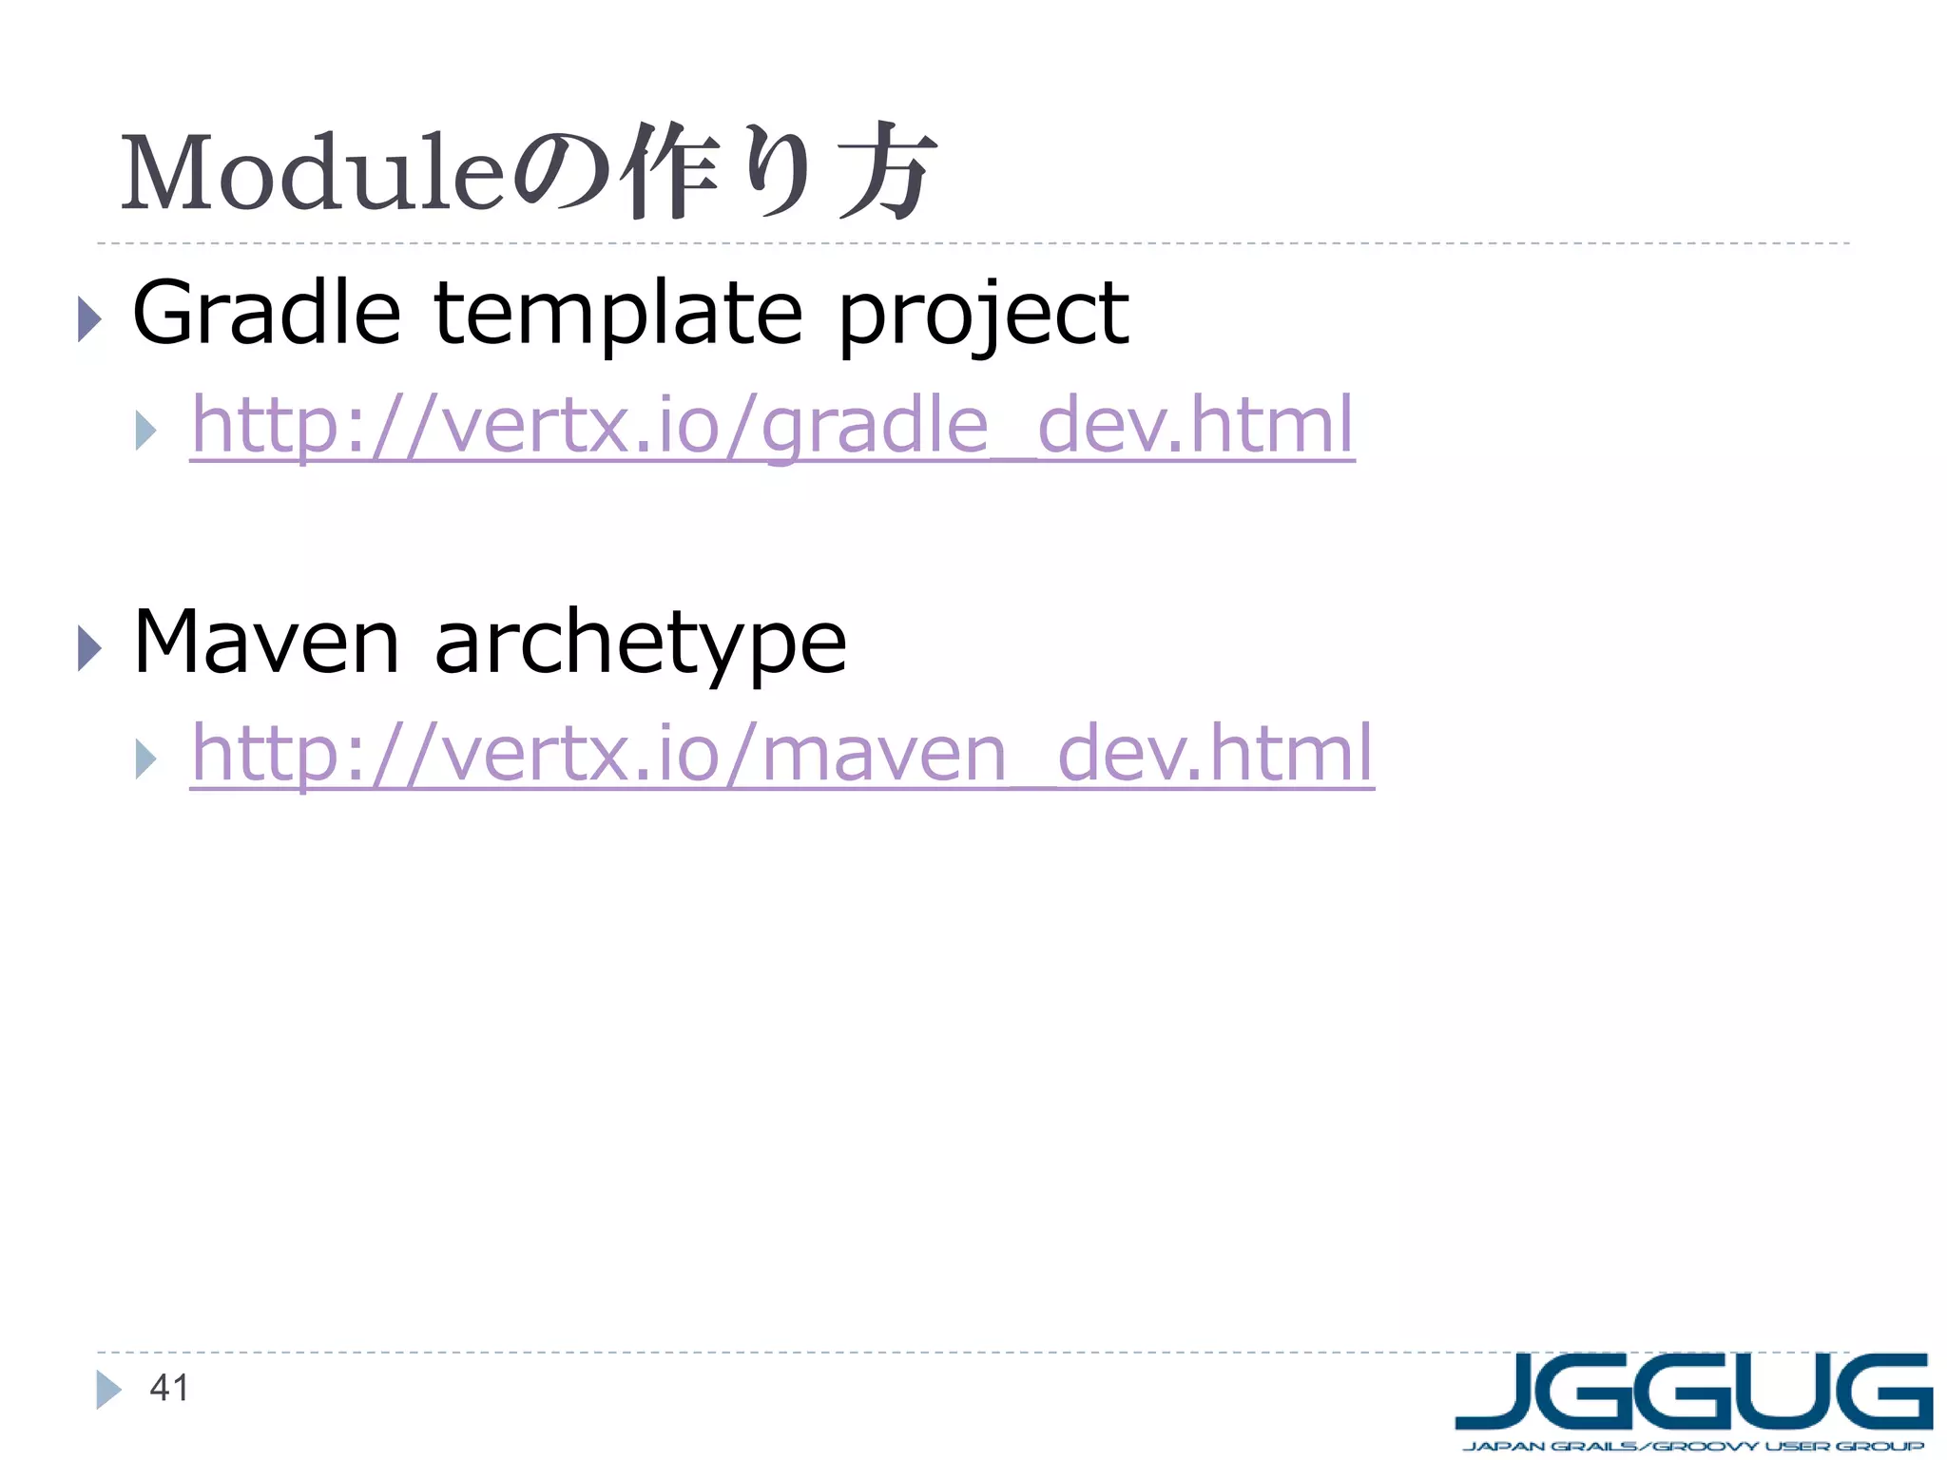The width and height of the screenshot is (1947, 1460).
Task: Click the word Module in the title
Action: (x=312, y=173)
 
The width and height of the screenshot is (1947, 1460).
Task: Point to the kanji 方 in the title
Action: (x=888, y=171)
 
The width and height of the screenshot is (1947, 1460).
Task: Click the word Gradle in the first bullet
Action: (x=266, y=313)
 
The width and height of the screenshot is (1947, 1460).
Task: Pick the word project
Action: (x=983, y=317)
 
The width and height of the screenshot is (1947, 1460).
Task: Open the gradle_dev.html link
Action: (x=772, y=425)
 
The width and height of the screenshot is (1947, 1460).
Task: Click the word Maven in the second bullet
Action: (x=266, y=643)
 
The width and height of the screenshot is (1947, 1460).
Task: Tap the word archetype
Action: (x=640, y=644)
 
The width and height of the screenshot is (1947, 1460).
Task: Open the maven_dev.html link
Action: (x=782, y=753)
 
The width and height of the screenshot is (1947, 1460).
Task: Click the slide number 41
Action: (x=169, y=1388)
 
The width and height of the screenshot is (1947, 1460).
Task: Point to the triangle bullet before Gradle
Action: (x=89, y=318)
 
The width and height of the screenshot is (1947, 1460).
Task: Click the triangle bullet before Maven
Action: (x=89, y=648)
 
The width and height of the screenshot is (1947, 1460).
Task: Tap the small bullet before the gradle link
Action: (x=145, y=431)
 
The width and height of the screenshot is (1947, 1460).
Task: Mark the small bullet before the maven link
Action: (x=145, y=759)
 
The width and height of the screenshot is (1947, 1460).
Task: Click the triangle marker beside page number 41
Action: (x=108, y=1390)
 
